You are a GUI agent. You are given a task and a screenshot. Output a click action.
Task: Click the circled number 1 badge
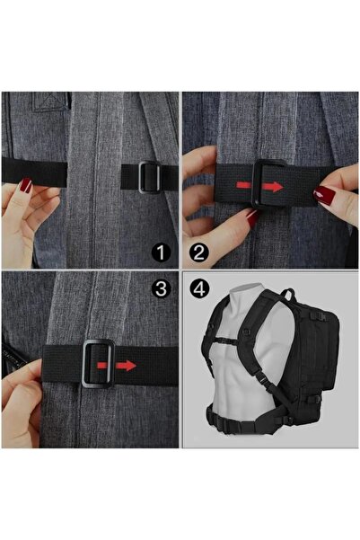pos(161,252)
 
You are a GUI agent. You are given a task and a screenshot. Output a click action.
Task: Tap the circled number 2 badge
pos(199,252)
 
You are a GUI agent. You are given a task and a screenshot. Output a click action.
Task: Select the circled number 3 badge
pos(161,288)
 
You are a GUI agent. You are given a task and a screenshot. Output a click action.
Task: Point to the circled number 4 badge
pos(199,288)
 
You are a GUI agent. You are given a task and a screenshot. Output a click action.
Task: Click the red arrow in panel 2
pos(259,186)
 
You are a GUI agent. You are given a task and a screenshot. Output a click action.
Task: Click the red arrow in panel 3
pos(117,366)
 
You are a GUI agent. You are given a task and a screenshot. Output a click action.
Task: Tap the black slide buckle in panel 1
pos(150,177)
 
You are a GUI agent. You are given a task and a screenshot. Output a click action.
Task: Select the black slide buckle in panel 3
pos(99,363)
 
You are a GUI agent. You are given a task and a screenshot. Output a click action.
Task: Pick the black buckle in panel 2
pos(269,183)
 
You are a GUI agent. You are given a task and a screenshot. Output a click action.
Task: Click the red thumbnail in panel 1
pos(25,185)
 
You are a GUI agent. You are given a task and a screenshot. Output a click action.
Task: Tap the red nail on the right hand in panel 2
pos(324,195)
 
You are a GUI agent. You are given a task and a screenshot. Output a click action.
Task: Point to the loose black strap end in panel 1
pos(34,172)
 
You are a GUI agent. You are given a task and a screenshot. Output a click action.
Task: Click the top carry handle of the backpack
pos(289,295)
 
